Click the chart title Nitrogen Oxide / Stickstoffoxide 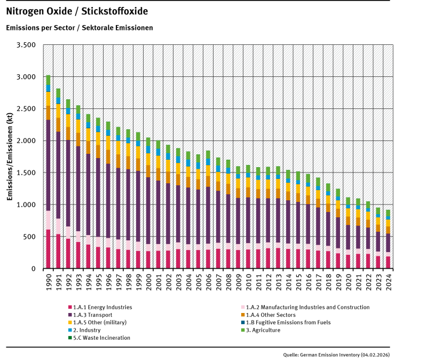point(77,11)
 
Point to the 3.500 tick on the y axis point(26,45)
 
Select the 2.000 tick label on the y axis point(26,141)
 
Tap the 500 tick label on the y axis point(29,237)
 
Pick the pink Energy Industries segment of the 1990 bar point(48,248)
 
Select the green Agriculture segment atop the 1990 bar point(48,80)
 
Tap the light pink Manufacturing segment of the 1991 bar point(58,226)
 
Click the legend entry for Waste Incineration point(101,338)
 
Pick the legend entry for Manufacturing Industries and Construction point(304,308)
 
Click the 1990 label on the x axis point(48,280)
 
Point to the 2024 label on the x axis point(403,280)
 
